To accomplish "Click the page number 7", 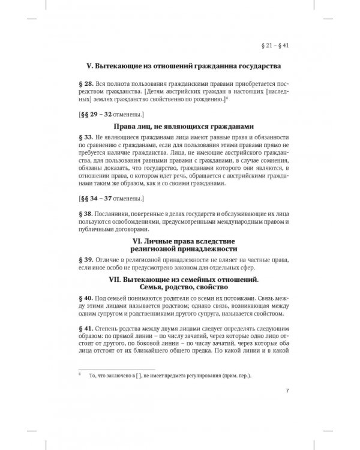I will click(289, 393).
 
